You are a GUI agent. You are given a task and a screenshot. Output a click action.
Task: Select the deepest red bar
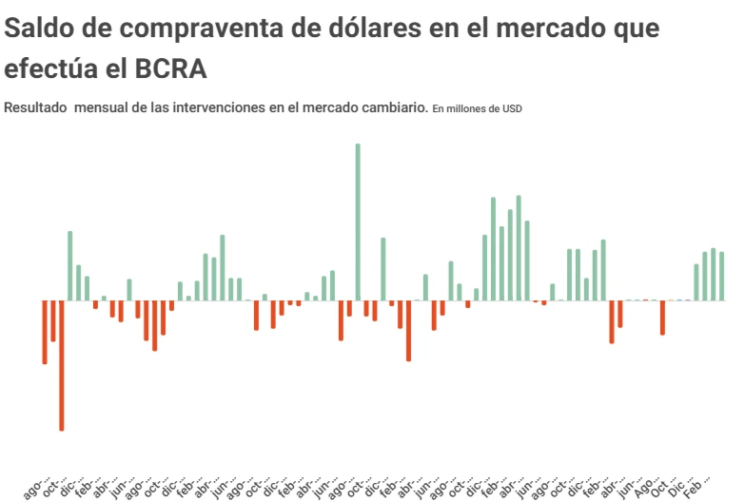coord(62,365)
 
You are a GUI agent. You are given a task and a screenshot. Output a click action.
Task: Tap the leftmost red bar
coord(45,332)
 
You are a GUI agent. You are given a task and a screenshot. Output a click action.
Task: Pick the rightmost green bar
coord(722,276)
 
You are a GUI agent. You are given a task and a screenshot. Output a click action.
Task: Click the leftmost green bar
coord(70,265)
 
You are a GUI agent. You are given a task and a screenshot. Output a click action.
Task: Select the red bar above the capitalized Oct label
coord(663,318)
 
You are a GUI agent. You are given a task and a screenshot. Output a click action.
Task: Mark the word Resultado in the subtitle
coord(36,108)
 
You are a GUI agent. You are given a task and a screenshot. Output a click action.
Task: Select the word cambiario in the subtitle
coord(394,108)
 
